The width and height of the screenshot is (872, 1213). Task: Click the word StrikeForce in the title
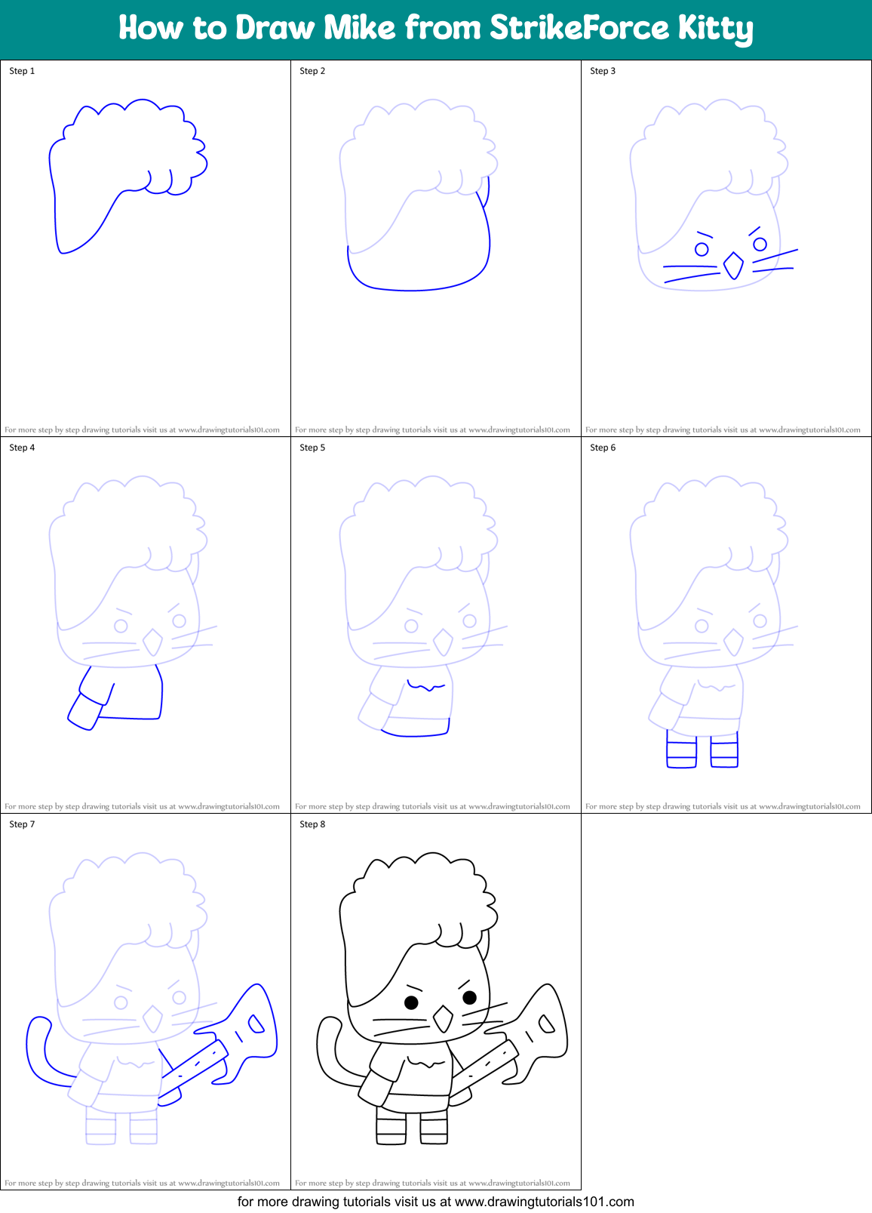click(579, 28)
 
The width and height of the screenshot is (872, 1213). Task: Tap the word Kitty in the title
click(714, 29)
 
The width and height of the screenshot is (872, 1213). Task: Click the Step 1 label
click(22, 71)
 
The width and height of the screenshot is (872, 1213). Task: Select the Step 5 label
click(312, 448)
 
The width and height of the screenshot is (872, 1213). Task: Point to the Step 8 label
click(312, 824)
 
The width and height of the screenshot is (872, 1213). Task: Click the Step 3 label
click(603, 71)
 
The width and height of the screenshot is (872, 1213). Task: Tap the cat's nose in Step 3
click(733, 265)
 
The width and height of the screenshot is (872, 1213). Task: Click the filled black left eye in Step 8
click(411, 1002)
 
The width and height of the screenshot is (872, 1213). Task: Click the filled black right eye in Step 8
click(469, 997)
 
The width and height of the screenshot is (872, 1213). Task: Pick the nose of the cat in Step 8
click(443, 1019)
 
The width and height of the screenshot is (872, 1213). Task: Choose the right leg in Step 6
click(724, 750)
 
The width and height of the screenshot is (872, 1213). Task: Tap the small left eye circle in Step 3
click(702, 248)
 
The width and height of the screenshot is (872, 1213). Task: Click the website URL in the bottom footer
click(544, 1202)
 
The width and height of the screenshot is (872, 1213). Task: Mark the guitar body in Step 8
click(543, 1027)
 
